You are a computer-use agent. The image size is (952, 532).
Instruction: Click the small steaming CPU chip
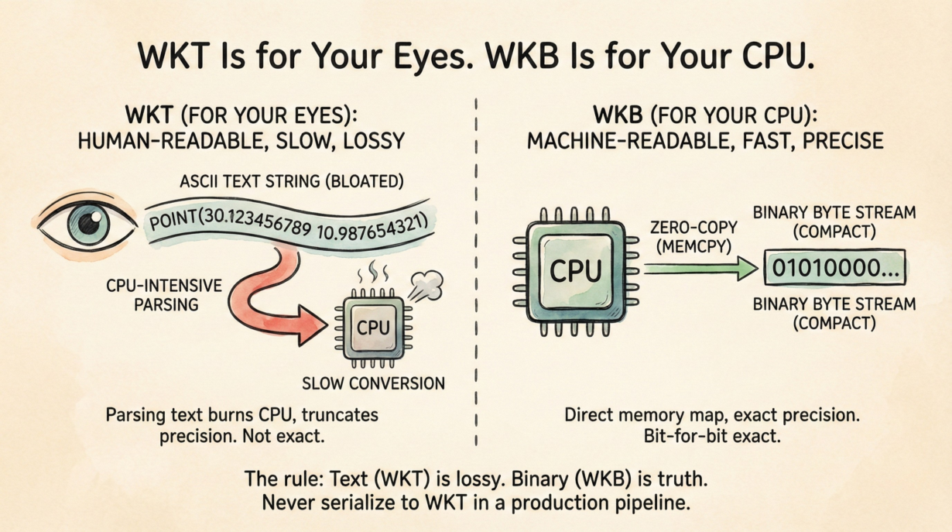tap(373, 328)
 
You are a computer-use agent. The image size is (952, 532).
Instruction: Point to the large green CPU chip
tap(574, 270)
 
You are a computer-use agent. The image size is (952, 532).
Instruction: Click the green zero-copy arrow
tap(701, 269)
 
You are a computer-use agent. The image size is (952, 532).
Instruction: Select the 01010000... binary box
tap(834, 269)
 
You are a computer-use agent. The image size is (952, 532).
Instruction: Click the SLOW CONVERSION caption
tap(373, 383)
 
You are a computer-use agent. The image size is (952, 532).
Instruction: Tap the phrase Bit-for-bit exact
tap(711, 436)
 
